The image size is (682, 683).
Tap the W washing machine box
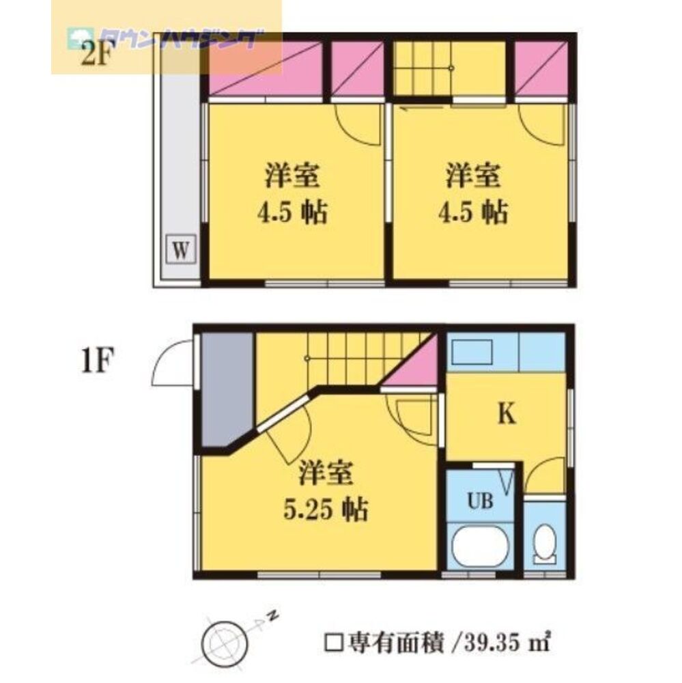tap(180, 249)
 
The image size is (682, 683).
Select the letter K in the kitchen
tap(505, 415)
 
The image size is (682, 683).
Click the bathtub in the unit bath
tap(481, 547)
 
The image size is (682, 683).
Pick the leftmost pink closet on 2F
tap(265, 69)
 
